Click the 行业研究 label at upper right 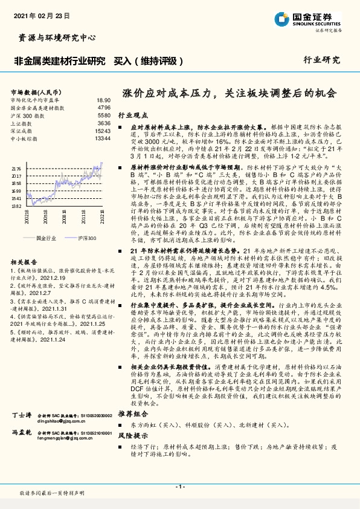[x=321, y=60]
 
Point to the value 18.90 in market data [x=103, y=99]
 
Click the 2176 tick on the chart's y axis [x=16, y=169]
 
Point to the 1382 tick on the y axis [x=16, y=206]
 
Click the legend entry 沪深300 [x=87, y=239]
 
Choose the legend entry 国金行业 [x=45, y=239]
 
